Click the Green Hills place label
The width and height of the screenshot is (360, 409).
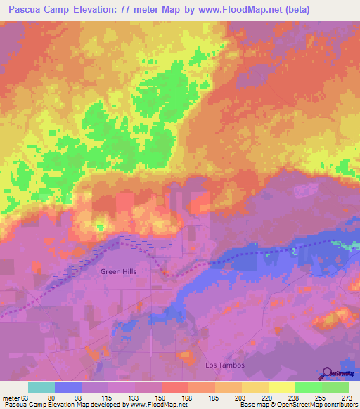pyautogui.click(x=117, y=271)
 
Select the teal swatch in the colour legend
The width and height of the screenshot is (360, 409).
pyautogui.click(x=41, y=387)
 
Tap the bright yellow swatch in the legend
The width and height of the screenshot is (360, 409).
pyautogui.click(x=281, y=387)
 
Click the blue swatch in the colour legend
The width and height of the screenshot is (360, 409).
pyautogui.click(x=68, y=387)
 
